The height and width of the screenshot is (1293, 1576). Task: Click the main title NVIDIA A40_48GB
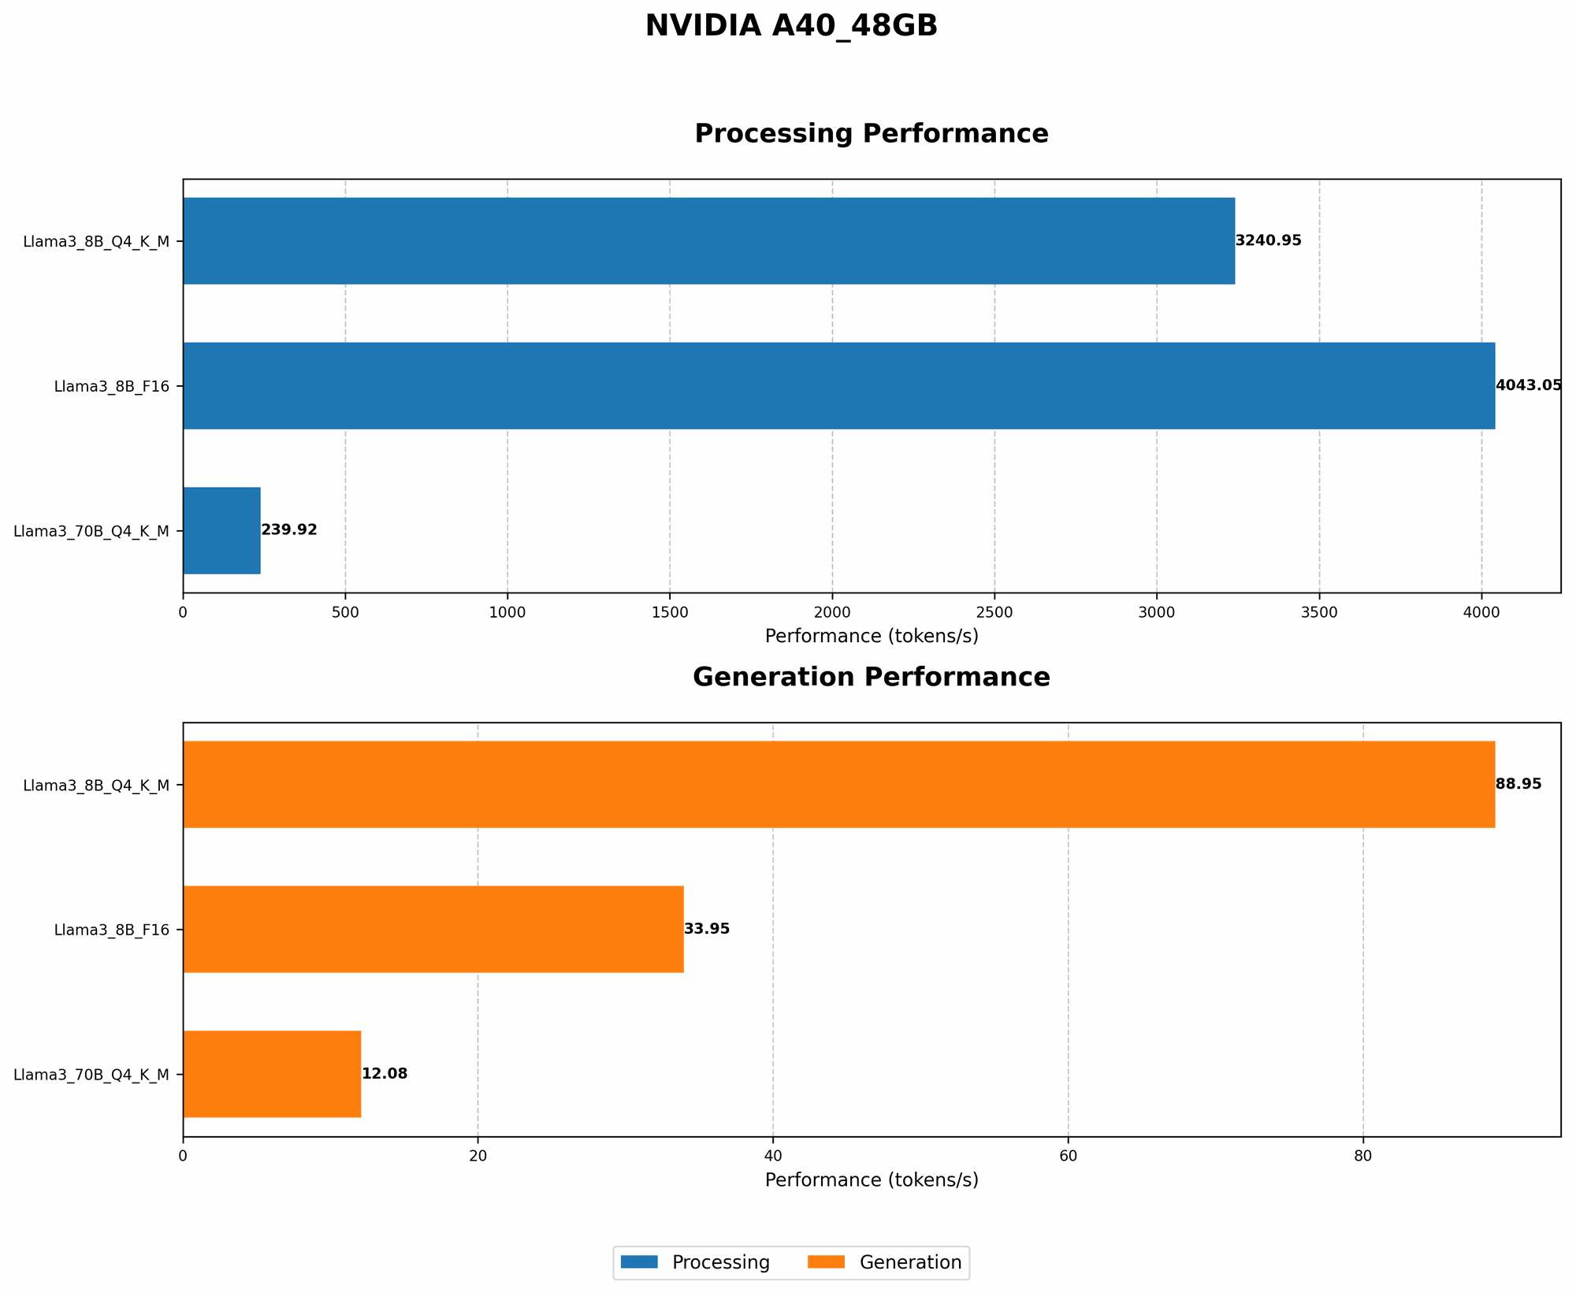[x=791, y=26]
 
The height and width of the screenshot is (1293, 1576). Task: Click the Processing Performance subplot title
[x=871, y=133]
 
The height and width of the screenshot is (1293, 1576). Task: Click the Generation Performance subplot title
[x=871, y=677]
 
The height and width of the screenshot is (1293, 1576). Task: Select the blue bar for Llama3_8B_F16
[x=838, y=385]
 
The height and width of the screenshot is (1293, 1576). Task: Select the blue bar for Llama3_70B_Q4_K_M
[x=221, y=530]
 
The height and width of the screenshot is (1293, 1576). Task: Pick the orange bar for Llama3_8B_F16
[x=433, y=929]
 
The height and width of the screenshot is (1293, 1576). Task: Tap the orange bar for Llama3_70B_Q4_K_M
[x=272, y=1073]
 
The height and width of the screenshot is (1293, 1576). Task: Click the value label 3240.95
[x=1268, y=240]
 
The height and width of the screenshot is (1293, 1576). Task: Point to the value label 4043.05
[x=1528, y=385]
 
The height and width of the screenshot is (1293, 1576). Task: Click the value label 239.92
[x=288, y=530]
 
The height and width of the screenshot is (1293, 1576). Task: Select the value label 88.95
[x=1518, y=784]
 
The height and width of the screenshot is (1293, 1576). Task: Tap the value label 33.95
[x=707, y=929]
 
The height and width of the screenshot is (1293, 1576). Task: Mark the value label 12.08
[x=385, y=1073]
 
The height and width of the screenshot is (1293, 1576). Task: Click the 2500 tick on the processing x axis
[x=994, y=611]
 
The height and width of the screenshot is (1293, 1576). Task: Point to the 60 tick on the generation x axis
[x=1068, y=1155]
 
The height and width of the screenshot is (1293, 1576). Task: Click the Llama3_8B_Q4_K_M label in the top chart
[x=96, y=241]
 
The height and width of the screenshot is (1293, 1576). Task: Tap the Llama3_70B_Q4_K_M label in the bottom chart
[x=91, y=1074]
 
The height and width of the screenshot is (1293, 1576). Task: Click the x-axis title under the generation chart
[x=871, y=1180]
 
